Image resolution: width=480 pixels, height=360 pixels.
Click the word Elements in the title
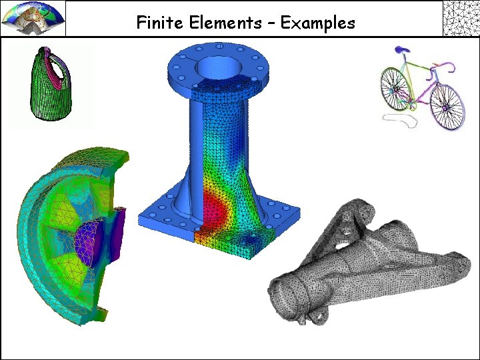225,23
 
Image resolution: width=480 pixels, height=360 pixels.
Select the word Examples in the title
317,23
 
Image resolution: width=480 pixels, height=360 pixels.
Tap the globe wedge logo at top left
33,18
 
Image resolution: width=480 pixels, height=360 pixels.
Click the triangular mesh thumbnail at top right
461,18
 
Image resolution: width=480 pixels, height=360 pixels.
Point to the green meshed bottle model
51,83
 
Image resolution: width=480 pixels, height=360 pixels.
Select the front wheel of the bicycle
447,106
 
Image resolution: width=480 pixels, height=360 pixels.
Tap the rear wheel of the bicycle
395,89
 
